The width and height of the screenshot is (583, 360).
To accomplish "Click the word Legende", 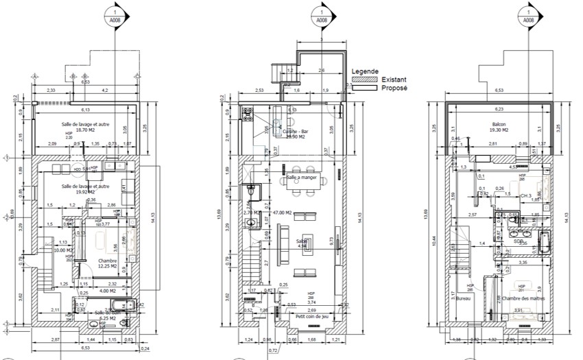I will pos(365,71).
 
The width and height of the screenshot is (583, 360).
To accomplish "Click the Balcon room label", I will pos(499,124).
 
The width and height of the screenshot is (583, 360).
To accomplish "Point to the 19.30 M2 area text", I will pos(499,130).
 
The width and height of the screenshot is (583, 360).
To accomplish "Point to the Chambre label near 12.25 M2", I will pos(107,261).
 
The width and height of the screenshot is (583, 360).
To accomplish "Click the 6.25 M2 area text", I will pos(108,318).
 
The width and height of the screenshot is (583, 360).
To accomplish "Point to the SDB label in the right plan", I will pos(519,241).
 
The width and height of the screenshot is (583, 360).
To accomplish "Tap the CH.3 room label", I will pos(527,195).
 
